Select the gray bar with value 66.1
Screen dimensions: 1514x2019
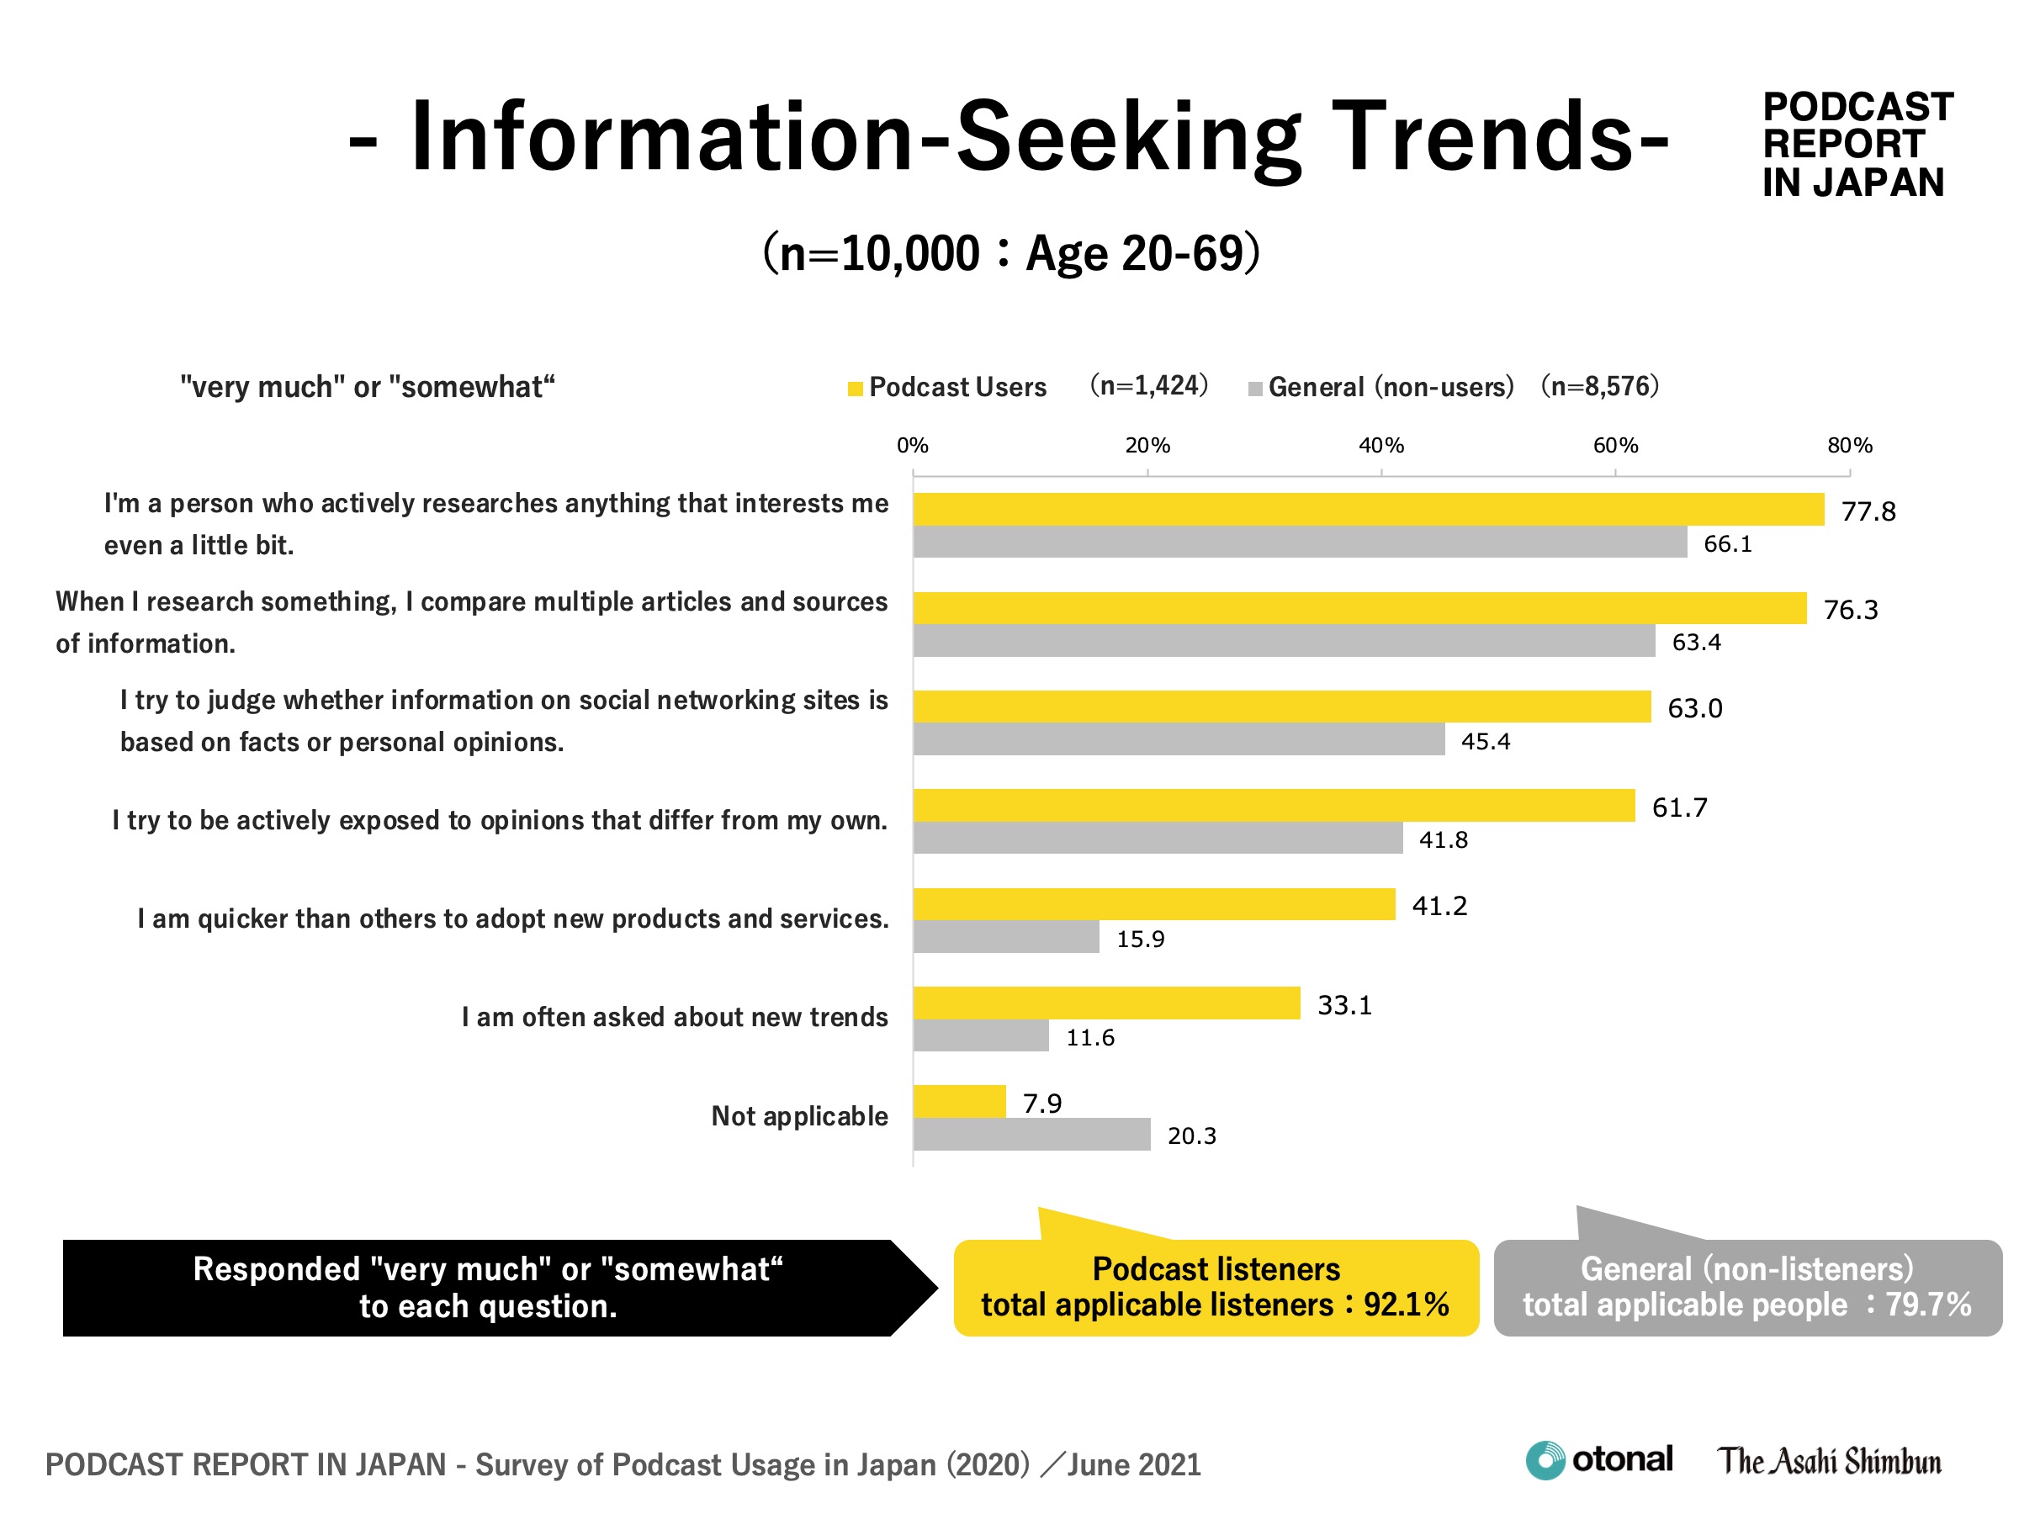[1300, 542]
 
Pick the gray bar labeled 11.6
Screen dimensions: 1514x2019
[981, 1035]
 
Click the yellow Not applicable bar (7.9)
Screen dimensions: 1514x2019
[959, 1102]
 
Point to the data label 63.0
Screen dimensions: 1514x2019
[1694, 708]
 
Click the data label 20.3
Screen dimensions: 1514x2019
[1191, 1136]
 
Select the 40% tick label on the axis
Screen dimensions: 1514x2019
[1380, 445]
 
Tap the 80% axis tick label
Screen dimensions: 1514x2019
[1849, 445]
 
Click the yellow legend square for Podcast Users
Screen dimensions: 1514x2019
[856, 389]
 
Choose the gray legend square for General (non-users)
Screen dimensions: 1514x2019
[1255, 389]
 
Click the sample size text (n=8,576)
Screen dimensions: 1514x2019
[1599, 386]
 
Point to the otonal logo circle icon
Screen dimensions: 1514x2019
[1545, 1460]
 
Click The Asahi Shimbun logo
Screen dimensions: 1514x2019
[1829, 1461]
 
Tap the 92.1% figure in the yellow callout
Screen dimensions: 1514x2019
[1406, 1305]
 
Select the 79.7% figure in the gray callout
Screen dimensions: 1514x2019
[1928, 1305]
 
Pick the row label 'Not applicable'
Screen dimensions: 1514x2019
[798, 1116]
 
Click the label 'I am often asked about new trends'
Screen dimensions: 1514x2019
[674, 1017]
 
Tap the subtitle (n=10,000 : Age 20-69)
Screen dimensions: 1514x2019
[1010, 253]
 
